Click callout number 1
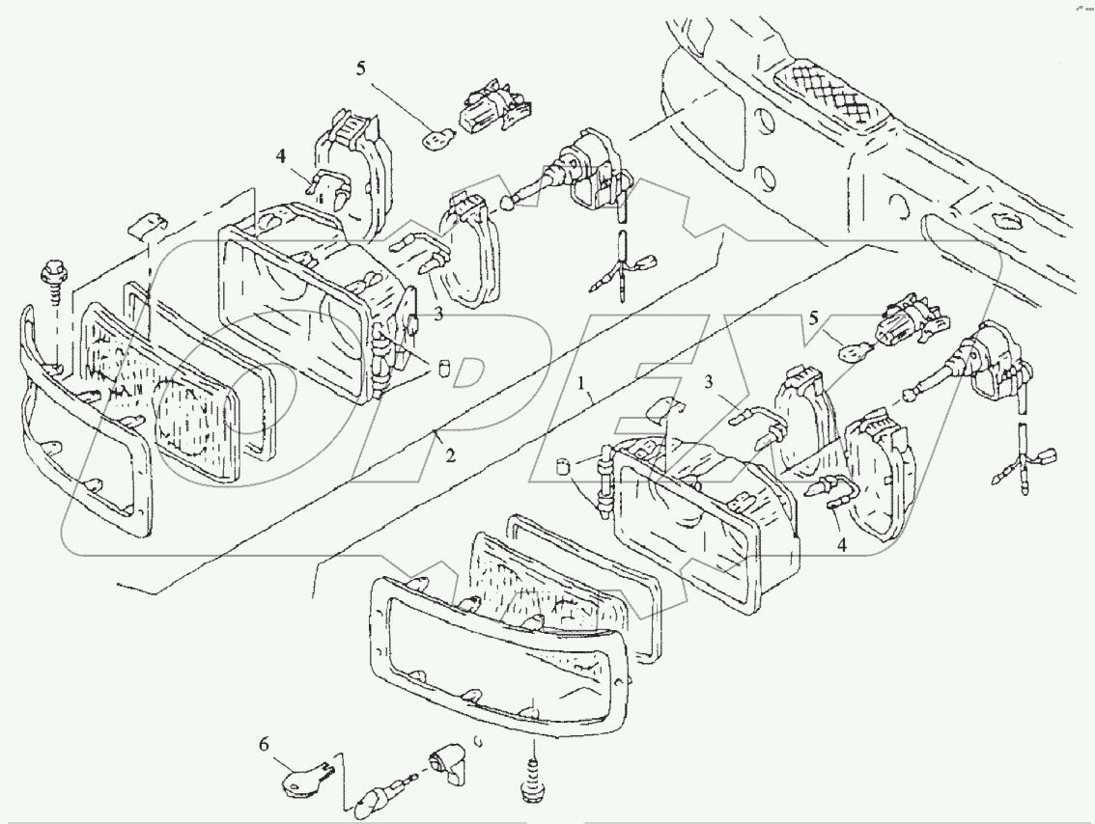click(582, 383)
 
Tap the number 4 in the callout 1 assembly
click(841, 545)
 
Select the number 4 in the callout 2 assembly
click(280, 155)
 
